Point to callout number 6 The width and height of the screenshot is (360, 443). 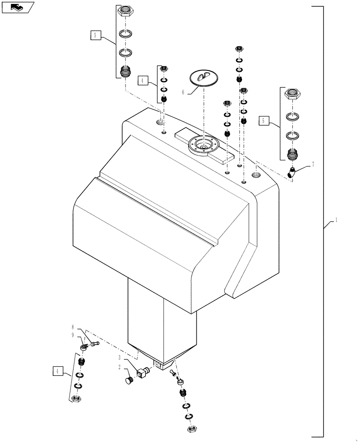pyautogui.click(x=183, y=92)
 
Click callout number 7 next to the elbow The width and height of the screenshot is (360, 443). pyautogui.click(x=313, y=164)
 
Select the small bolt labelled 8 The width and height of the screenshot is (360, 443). pyautogui.click(x=94, y=342)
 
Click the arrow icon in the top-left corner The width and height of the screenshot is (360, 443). pyautogui.click(x=18, y=7)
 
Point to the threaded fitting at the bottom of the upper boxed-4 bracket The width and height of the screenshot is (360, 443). pyautogui.click(x=163, y=98)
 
